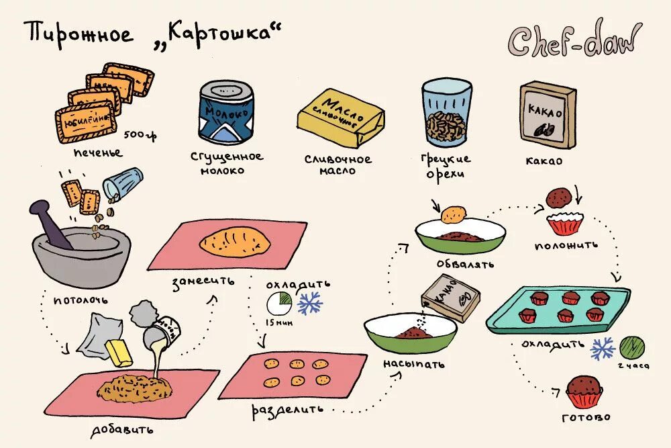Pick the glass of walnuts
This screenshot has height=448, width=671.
pos(446,114)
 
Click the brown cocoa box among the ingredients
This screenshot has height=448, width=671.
pos(548,115)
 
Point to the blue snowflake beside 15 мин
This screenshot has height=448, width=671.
pos(309,304)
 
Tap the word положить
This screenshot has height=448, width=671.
pos(565,245)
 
